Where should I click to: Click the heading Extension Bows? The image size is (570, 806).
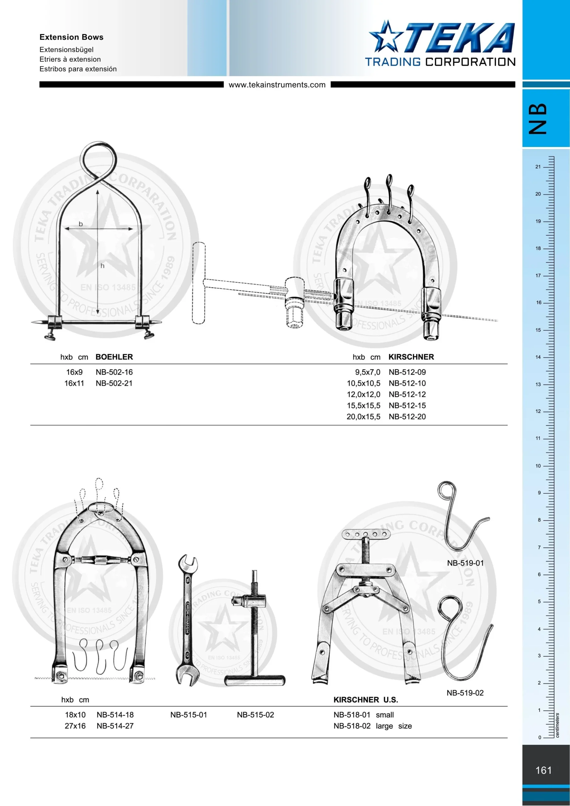[71, 37]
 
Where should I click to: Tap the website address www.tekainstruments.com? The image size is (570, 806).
[277, 85]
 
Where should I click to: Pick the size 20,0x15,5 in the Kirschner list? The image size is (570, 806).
[363, 416]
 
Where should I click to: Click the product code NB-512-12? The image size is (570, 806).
[407, 394]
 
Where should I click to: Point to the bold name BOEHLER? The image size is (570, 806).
[114, 357]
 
